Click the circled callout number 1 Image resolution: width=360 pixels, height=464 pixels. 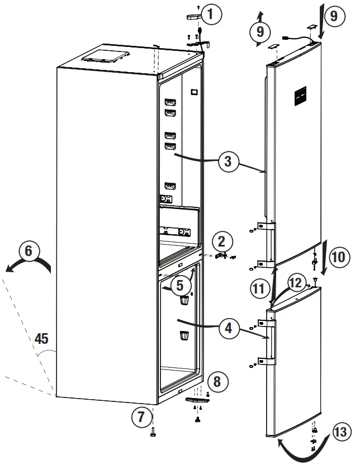click(x=210, y=15)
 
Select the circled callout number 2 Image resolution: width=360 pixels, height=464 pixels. click(x=222, y=242)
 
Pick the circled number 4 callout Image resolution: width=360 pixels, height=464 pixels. click(x=228, y=329)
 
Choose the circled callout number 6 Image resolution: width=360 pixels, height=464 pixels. click(x=29, y=252)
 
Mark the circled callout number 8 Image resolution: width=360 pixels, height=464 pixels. click(x=217, y=382)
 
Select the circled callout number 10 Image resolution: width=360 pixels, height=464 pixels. click(x=338, y=258)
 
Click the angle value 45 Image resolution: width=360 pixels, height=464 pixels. click(x=41, y=338)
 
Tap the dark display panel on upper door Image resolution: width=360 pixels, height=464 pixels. click(x=299, y=97)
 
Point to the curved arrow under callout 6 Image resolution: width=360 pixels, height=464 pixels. click(x=28, y=268)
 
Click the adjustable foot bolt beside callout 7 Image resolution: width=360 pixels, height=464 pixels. click(x=153, y=432)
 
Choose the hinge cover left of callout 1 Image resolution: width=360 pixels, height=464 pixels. click(x=192, y=17)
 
